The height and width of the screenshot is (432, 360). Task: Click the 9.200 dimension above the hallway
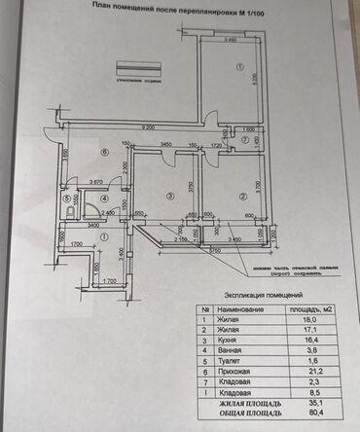[146, 127]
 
